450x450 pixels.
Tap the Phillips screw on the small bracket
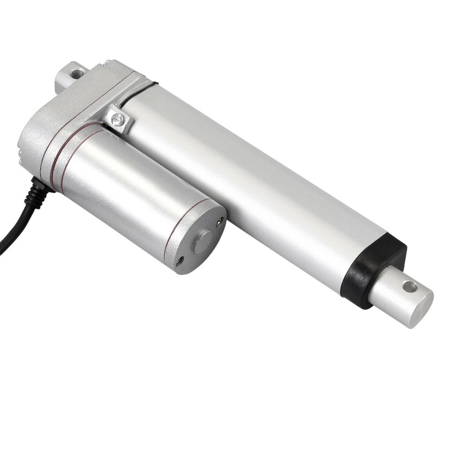(x=118, y=120)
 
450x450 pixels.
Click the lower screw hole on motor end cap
(x=180, y=261)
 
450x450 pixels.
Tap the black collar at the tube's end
(x=373, y=270)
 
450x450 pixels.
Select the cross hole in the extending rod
(x=409, y=286)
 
